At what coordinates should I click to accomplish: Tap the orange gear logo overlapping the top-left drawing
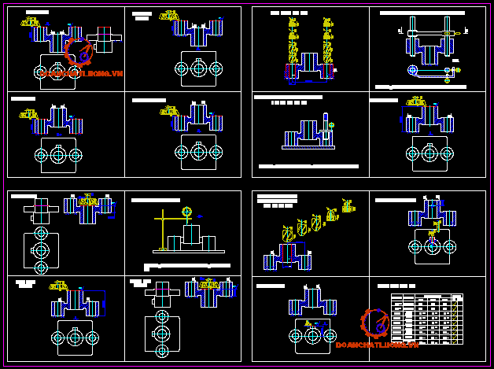[x=79, y=51]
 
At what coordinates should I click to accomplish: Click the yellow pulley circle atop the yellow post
[x=186, y=212]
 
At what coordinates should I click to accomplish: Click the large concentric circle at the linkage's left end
[x=413, y=70]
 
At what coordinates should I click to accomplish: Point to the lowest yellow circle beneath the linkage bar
[x=448, y=80]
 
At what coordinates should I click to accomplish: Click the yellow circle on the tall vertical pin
[x=331, y=124]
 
